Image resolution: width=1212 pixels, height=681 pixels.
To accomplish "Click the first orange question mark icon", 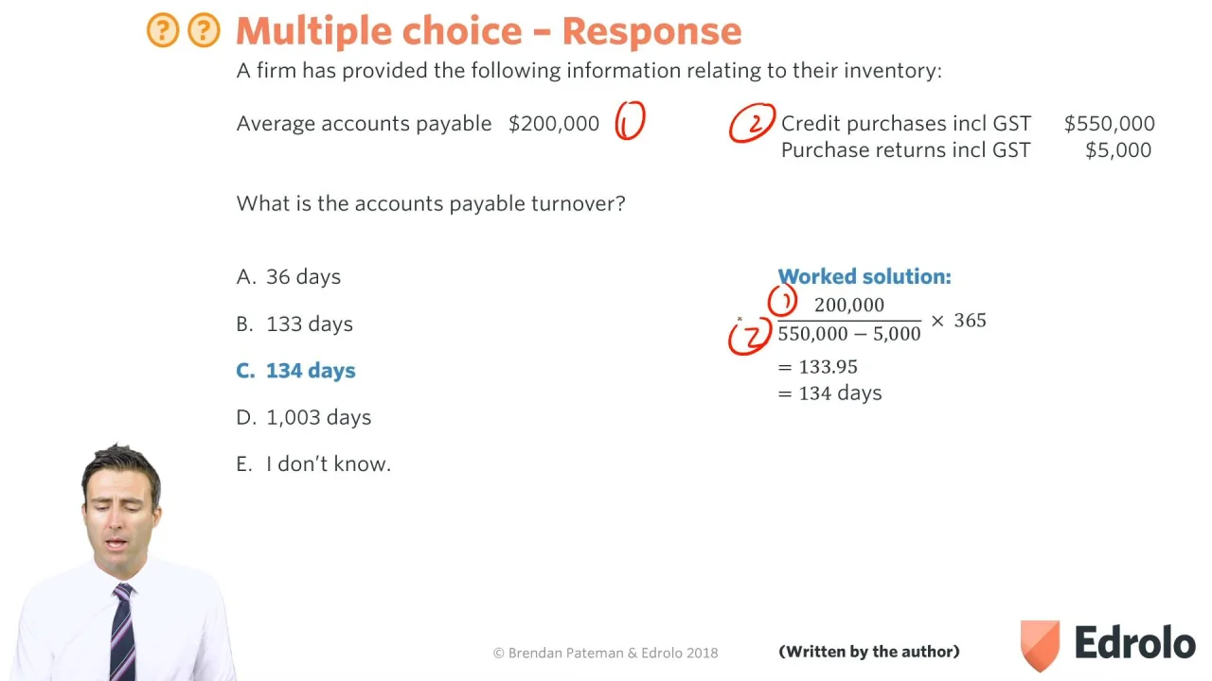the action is tap(162, 30).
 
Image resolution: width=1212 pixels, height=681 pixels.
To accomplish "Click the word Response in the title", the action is tap(651, 31).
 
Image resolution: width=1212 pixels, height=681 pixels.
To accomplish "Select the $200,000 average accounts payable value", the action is tap(554, 124).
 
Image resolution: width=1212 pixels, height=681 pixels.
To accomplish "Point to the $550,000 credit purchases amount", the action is tap(1109, 124).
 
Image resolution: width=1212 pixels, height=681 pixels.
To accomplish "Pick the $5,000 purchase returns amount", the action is tap(1118, 150).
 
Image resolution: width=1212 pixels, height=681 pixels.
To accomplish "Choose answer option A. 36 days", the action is tap(289, 277).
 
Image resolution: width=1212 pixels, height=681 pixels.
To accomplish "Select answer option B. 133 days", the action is tap(294, 324).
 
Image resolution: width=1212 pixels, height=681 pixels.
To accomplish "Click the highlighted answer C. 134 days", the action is tap(296, 371).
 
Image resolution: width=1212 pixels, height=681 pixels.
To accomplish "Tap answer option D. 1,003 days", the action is tap(304, 418).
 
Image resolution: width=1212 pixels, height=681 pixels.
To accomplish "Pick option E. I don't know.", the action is tap(313, 464).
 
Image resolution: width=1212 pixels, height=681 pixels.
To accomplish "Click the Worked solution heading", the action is tap(864, 277).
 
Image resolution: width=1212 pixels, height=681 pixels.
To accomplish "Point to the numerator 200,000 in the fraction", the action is tap(849, 305).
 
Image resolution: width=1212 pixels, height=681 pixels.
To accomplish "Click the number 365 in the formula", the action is tap(970, 321).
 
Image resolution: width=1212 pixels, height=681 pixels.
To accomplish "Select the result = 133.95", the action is tap(817, 368).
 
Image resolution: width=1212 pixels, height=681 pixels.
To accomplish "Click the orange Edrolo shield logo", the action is tap(1040, 645).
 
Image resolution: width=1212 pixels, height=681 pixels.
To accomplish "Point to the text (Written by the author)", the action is tap(869, 652).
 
